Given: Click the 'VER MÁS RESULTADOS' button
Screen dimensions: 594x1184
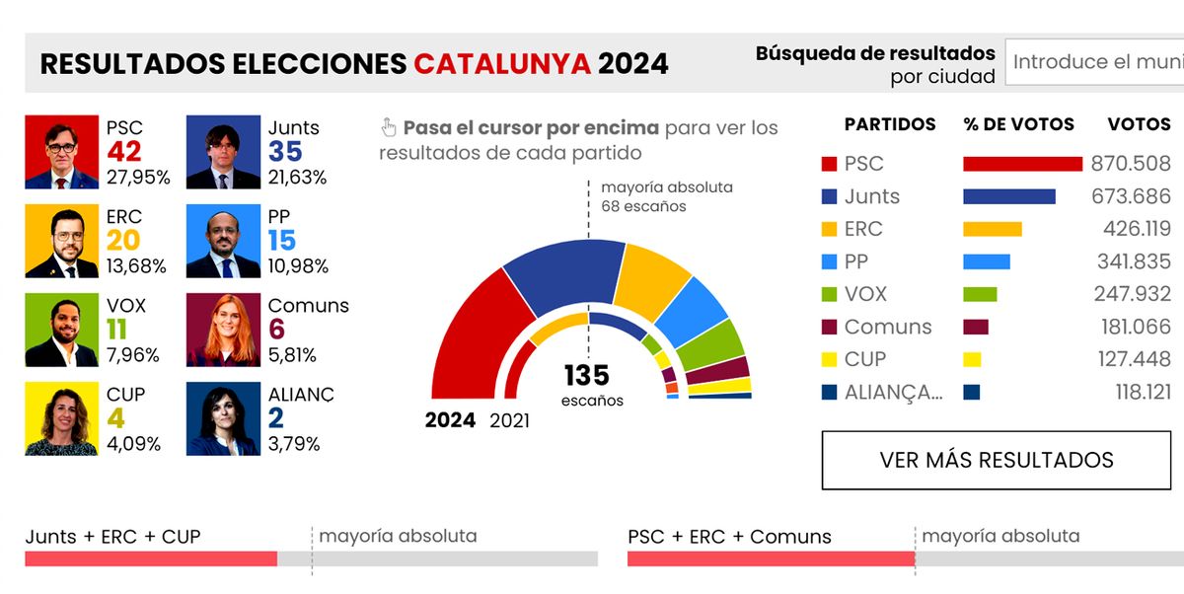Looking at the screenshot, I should (x=997, y=460).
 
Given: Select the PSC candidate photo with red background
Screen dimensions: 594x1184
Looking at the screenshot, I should (x=61, y=152).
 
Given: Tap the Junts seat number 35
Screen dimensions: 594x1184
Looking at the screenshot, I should (x=285, y=152).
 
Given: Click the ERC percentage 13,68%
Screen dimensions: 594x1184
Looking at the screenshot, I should (x=137, y=266).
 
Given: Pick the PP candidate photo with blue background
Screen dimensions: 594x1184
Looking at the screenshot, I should (x=223, y=241).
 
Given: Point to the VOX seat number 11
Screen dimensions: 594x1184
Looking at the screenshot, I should (x=116, y=330).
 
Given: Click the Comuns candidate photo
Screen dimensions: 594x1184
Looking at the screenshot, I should (x=223, y=330).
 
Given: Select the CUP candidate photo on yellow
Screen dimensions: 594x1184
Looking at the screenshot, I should (x=61, y=418).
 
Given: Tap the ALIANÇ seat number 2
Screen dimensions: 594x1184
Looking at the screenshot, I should (x=276, y=418).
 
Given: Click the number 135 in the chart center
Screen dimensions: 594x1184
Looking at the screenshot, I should (x=587, y=376).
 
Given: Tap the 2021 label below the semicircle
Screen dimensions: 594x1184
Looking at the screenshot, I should (x=509, y=421).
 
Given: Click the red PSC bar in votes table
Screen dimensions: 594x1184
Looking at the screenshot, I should (x=1022, y=164).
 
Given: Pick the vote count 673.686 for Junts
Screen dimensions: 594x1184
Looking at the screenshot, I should (x=1131, y=196).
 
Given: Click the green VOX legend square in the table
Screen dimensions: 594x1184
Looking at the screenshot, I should (x=829, y=294).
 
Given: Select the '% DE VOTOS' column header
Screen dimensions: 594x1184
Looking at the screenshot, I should (x=1018, y=125).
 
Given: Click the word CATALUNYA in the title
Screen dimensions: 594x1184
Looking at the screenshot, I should (x=502, y=64).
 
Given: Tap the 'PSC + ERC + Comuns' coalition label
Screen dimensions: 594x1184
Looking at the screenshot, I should (x=729, y=537).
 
